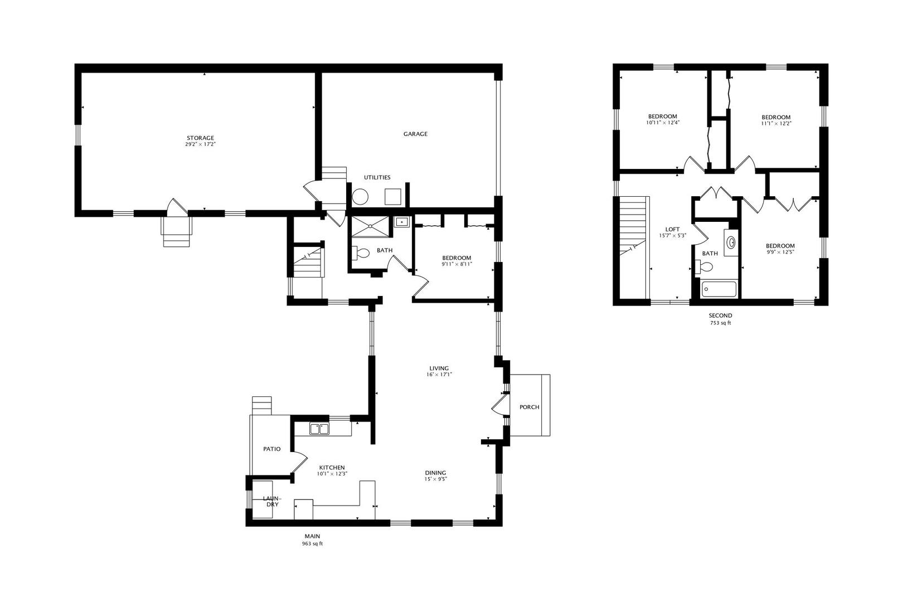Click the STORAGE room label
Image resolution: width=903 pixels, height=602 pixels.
pyautogui.click(x=200, y=138)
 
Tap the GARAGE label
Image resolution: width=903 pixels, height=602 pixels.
pyautogui.click(x=416, y=134)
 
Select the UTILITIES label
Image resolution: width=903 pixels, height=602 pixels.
pyautogui.click(x=377, y=177)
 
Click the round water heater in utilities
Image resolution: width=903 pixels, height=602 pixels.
pyautogui.click(x=361, y=197)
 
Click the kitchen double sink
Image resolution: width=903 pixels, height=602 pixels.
pyautogui.click(x=319, y=429)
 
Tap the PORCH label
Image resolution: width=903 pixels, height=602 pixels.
pyautogui.click(x=530, y=407)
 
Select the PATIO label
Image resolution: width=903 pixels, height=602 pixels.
pyautogui.click(x=271, y=449)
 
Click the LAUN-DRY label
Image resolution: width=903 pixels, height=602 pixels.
pyautogui.click(x=272, y=502)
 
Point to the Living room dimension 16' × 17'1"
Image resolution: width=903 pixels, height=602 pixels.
pyautogui.click(x=439, y=375)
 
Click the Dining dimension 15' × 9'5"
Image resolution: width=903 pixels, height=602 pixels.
pyautogui.click(x=436, y=479)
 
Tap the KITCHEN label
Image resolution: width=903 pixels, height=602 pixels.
pyautogui.click(x=332, y=468)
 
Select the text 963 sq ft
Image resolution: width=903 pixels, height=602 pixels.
pyautogui.click(x=312, y=543)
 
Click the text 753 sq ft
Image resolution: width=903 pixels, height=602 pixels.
pyautogui.click(x=720, y=323)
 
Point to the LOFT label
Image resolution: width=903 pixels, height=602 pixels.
pyautogui.click(x=672, y=230)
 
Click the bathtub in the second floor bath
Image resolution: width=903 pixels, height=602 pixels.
pyautogui.click(x=718, y=289)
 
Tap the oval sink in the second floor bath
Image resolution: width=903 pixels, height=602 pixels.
pyautogui.click(x=731, y=242)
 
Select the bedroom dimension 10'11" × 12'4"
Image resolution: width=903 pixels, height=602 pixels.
pyautogui.click(x=663, y=123)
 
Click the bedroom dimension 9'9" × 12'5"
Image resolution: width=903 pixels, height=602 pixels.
pyautogui.click(x=780, y=253)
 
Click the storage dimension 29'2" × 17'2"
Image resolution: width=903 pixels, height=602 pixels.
pyautogui.click(x=200, y=144)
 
